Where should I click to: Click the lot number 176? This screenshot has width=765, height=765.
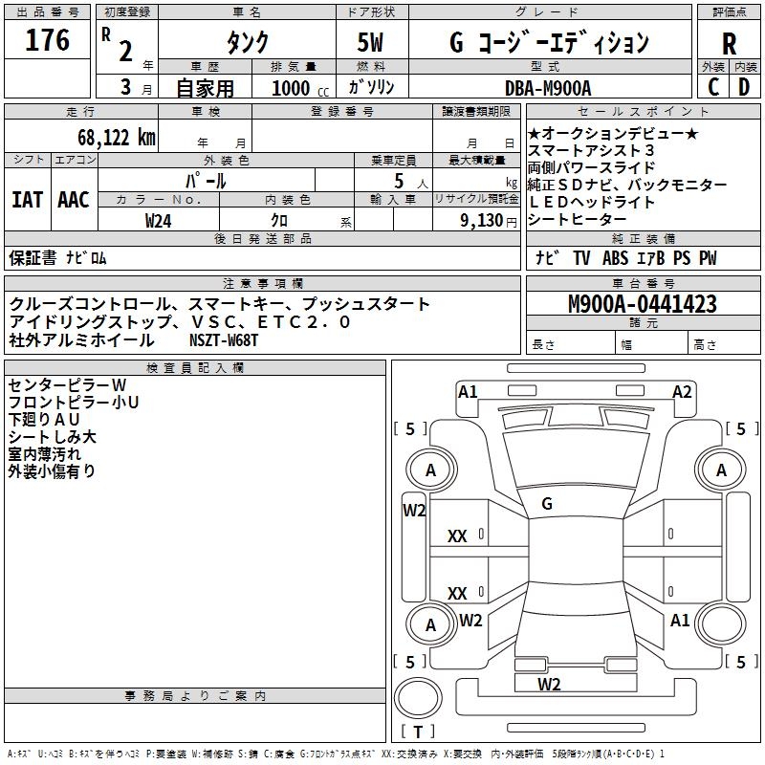coord(48,41)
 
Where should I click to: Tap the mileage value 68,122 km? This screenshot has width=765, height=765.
coord(106,137)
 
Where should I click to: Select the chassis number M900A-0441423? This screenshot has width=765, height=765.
coord(642,305)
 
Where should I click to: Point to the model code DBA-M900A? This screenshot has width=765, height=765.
coord(548,87)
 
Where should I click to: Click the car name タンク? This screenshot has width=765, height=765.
coord(247,43)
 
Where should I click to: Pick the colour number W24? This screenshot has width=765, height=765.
coord(159,220)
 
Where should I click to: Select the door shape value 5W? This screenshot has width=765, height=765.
coord(371,43)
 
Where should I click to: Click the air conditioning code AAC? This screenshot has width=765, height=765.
coord(74,200)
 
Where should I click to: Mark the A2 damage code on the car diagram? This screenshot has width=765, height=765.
coord(682,391)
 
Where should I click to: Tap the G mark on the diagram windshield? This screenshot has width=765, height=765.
coord(547,503)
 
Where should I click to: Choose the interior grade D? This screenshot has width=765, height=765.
coord(743,87)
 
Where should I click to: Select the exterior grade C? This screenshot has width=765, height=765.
coord(712,87)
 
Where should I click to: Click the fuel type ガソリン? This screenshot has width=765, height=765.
coord(372,87)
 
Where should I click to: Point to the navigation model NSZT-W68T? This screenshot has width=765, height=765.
coord(224,339)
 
